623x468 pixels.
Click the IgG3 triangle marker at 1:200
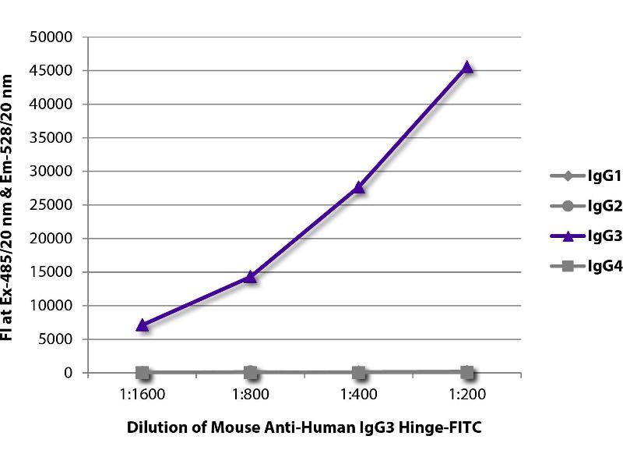[466, 68]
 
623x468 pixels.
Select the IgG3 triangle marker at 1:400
[358, 187]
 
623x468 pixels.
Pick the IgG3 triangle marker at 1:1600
[143, 324]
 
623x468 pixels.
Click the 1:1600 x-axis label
[143, 394]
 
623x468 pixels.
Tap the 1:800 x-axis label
[250, 394]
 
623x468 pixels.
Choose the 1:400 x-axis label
[358, 394]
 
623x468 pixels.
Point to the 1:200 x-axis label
[466, 394]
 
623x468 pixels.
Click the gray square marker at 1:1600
[143, 373]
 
